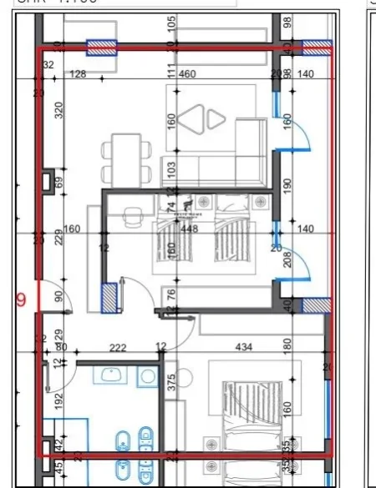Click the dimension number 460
tap(188, 75)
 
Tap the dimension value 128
tap(78, 75)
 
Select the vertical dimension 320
tap(59, 111)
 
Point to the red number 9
tap(21, 299)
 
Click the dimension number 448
tap(189, 229)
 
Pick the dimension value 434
tap(244, 347)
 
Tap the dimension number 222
tap(117, 347)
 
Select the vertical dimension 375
tap(171, 382)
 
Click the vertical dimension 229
tap(59, 238)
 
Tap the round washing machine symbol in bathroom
tap(148, 377)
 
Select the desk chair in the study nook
tap(130, 217)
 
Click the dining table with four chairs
tap(128, 158)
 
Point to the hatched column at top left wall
tap(102, 48)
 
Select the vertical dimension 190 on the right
tap(287, 185)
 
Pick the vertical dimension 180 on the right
tap(287, 345)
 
